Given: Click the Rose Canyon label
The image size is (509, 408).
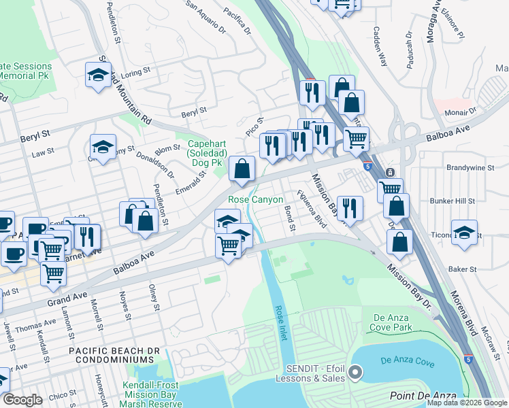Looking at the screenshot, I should (x=255, y=199).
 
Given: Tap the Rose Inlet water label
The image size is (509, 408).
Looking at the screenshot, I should (x=280, y=323).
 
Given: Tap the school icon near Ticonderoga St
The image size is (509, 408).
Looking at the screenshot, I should (x=464, y=233).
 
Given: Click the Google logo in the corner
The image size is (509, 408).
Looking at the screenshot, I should (x=22, y=400).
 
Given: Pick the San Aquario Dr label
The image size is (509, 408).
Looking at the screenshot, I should (x=206, y=16).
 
